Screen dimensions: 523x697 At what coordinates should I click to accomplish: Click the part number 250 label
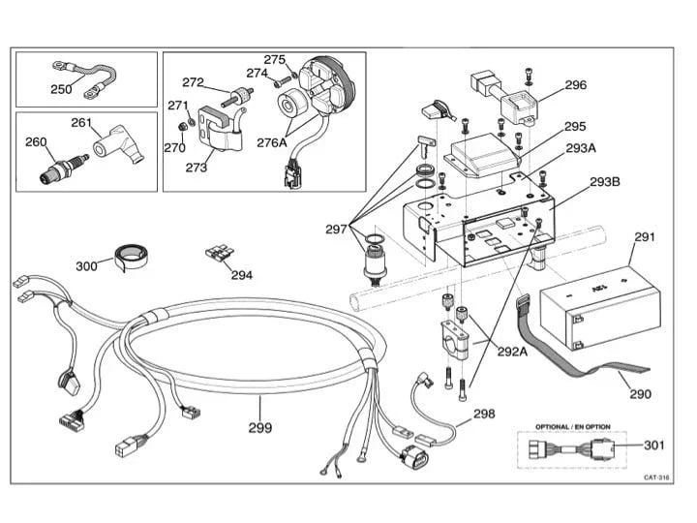tap(61, 89)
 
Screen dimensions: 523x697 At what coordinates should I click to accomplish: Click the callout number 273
tap(196, 167)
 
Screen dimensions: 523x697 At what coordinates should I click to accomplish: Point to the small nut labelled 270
tap(174, 147)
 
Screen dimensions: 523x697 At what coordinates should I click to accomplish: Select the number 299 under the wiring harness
tap(259, 427)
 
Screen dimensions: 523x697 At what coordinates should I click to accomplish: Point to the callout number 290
tap(640, 394)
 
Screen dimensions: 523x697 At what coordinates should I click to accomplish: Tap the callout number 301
tap(655, 446)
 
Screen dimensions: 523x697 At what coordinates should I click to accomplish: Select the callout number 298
tap(484, 414)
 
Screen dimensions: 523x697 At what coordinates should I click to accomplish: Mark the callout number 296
tap(575, 85)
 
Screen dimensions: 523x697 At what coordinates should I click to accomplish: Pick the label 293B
tap(605, 181)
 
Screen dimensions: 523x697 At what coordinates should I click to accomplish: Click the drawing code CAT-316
tap(657, 477)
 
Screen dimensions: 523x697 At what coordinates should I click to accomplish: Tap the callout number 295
tap(575, 126)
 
